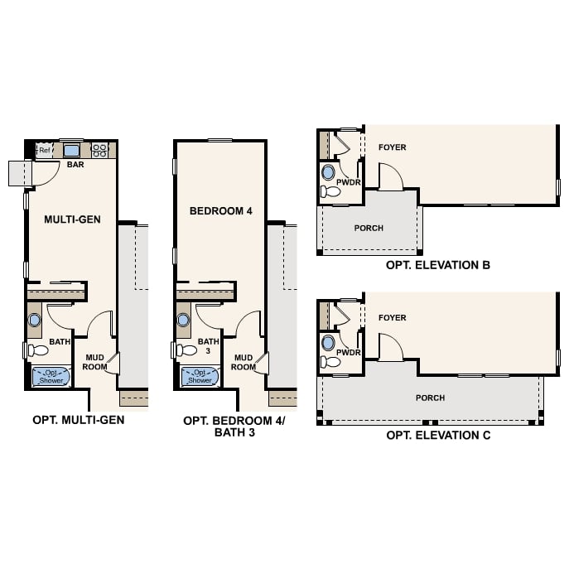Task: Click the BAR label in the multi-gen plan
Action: [75, 165]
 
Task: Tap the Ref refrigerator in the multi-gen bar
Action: [44, 150]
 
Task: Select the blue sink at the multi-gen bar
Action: [71, 150]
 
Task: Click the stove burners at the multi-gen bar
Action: [99, 150]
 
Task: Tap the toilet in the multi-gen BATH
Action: [37, 350]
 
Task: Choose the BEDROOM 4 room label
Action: [220, 211]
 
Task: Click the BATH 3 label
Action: [209, 345]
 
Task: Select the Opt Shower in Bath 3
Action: [200, 377]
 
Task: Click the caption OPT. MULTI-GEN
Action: [79, 420]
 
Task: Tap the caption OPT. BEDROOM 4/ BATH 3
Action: [233, 427]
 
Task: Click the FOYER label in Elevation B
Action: [393, 147]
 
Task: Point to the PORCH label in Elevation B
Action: [369, 228]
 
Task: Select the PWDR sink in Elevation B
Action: [328, 174]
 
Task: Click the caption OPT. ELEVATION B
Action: [437, 266]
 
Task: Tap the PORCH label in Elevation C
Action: [431, 398]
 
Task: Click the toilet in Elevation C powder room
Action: [330, 362]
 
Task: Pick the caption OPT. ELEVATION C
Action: [437, 436]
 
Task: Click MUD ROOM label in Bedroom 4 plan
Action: [244, 362]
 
